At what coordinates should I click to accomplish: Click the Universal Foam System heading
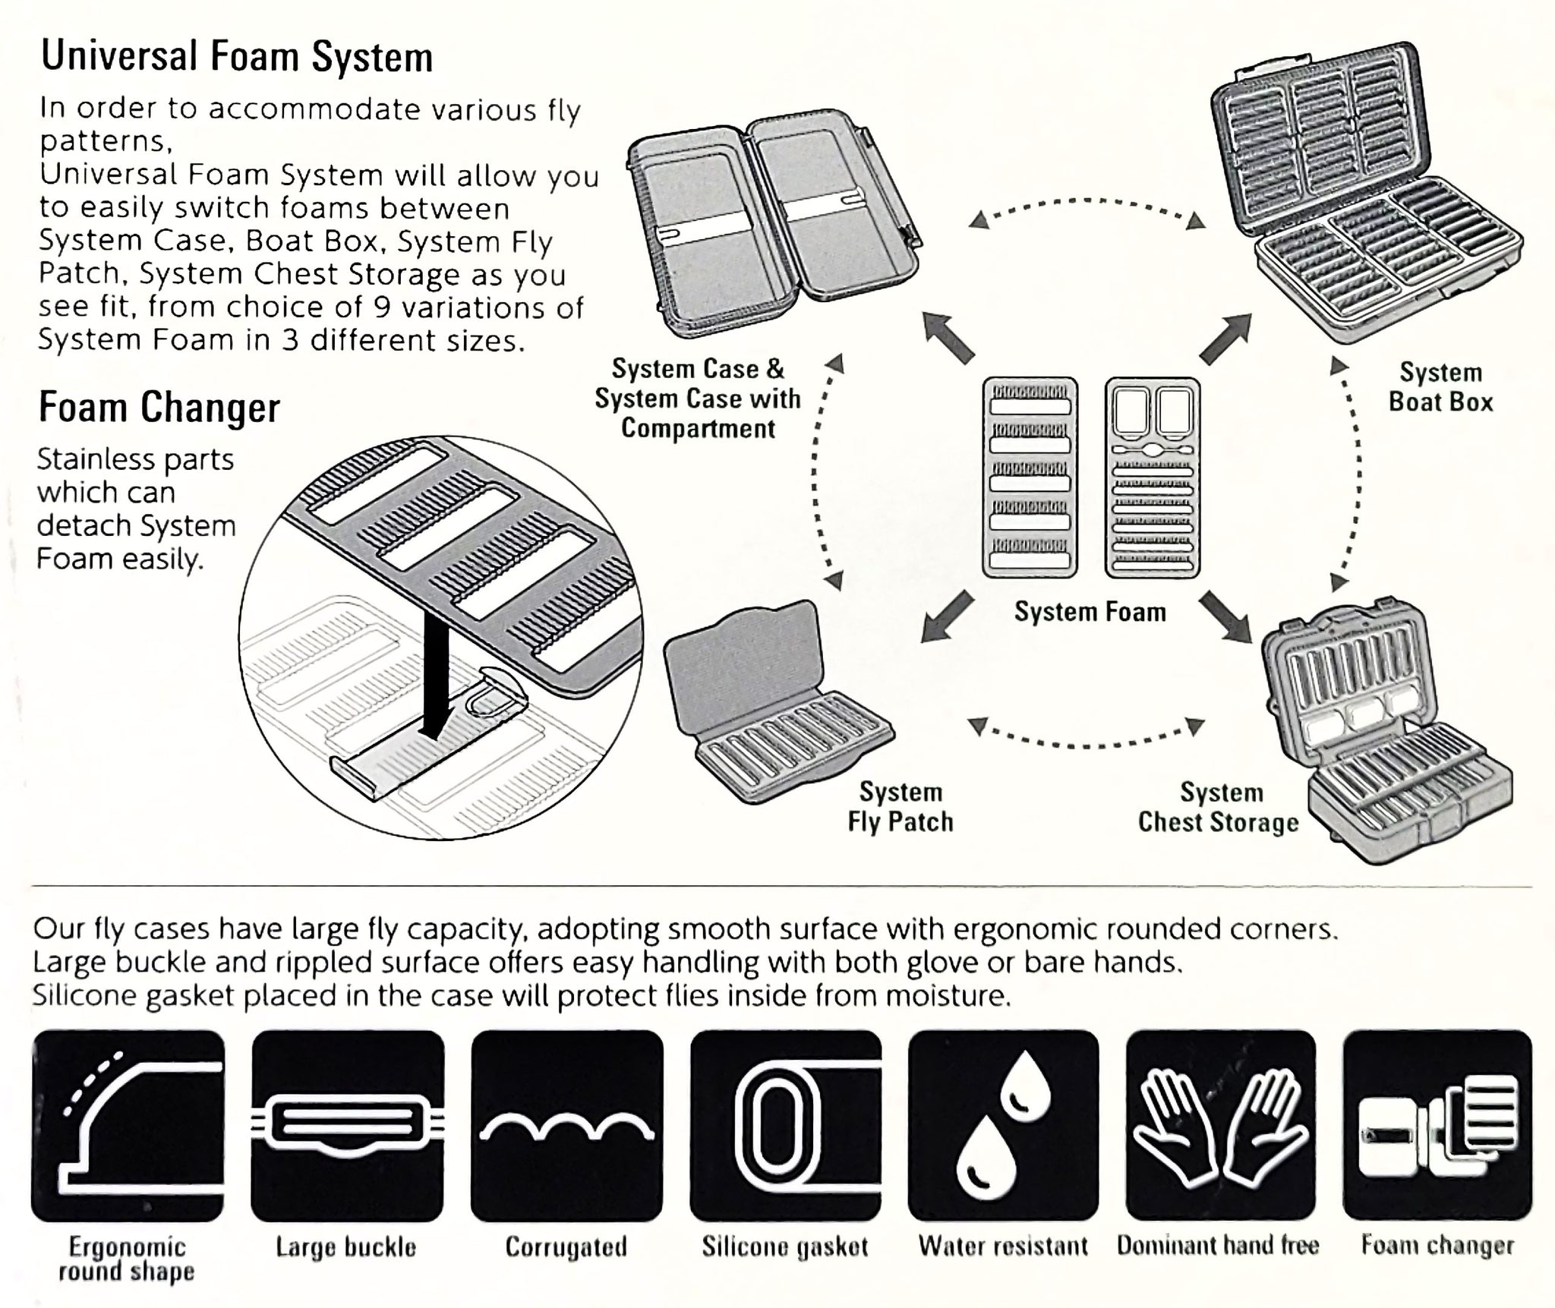236,57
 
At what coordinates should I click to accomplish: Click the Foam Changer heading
159,408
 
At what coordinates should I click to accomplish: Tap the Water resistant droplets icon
1003,1126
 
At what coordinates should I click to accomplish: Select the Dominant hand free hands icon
1220,1126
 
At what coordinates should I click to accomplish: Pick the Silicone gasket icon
785,1126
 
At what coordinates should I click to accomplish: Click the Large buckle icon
347,1126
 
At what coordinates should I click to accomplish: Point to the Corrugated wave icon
566,1126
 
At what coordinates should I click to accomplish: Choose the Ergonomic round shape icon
128,1126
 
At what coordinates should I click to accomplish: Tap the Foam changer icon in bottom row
1437,1126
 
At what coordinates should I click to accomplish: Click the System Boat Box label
1440,387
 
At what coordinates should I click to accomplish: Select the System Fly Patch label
901,806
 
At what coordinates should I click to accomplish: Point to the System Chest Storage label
1219,807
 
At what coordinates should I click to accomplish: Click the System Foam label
1090,612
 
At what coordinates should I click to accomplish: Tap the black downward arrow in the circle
431,698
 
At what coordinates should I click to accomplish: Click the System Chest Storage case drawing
1386,736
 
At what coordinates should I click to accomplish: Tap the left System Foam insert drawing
1030,478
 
